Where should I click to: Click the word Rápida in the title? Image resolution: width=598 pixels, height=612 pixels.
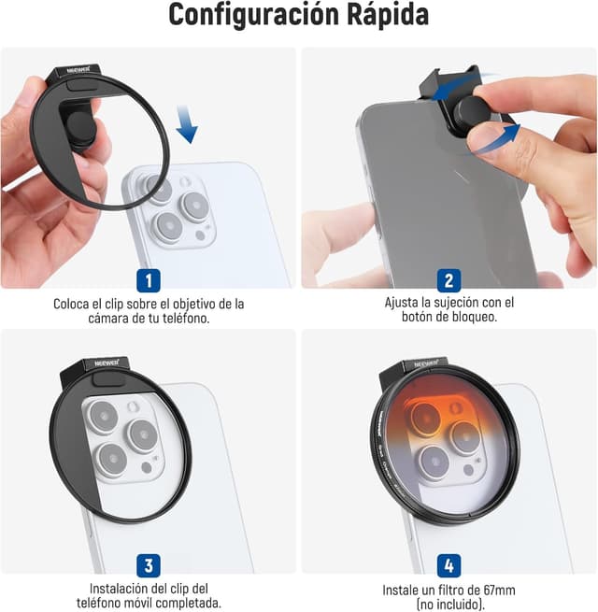point(388,15)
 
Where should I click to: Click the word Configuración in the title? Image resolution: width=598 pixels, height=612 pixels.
point(254,16)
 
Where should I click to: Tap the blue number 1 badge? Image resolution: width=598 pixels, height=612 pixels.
point(149,280)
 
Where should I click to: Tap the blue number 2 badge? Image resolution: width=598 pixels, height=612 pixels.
point(448,280)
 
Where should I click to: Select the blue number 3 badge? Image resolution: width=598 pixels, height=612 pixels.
point(149,565)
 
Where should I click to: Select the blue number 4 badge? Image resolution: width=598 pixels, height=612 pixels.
point(448,565)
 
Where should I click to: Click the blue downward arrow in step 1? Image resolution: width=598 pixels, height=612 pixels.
point(187,124)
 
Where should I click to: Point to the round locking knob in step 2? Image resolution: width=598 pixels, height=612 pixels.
point(472,114)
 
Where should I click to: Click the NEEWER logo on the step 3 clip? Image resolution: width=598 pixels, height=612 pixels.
point(107,363)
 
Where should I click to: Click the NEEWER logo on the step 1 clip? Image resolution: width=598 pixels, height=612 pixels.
point(78,70)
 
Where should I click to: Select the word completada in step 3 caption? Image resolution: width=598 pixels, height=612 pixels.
point(189,603)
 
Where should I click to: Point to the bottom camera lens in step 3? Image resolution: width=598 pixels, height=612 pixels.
point(112,459)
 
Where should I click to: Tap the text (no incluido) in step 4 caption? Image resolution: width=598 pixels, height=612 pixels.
point(450,605)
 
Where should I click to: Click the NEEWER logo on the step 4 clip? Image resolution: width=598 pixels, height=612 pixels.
point(426,363)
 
